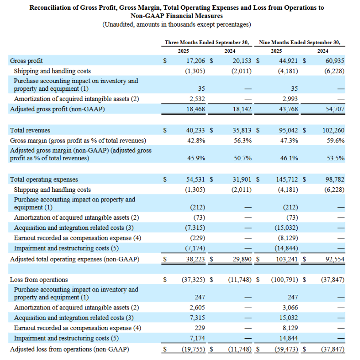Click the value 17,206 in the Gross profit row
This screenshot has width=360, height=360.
pyautogui.click(x=196, y=61)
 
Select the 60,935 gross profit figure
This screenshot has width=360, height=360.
pyautogui.click(x=335, y=61)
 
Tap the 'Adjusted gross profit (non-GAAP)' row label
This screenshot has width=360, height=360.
pyautogui.click(x=57, y=109)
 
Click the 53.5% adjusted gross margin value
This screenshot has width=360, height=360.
pyautogui.click(x=336, y=158)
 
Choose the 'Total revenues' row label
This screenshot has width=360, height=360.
pyautogui.click(x=30, y=130)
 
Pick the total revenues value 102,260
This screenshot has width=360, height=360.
pyautogui.click(x=333, y=130)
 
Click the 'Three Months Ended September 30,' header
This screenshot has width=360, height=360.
pyautogui.click(x=207, y=43)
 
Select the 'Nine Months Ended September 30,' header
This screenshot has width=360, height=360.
pyautogui.click(x=300, y=43)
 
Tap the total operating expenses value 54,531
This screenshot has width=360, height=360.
pyautogui.click(x=196, y=179)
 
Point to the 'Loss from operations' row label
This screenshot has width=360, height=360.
pyautogui.click(x=39, y=279)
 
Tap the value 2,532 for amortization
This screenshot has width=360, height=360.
pyautogui.click(x=197, y=99)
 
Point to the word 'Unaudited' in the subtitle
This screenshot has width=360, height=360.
pyautogui.click(x=120, y=24)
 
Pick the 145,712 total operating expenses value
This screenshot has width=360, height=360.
pyautogui.click(x=287, y=179)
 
